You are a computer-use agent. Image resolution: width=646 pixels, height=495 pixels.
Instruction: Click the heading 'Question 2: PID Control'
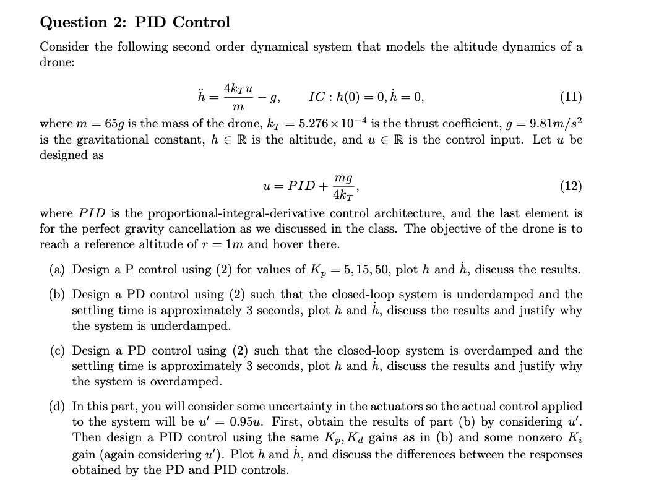click(x=135, y=22)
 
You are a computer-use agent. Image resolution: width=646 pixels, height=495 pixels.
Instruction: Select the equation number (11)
click(x=570, y=97)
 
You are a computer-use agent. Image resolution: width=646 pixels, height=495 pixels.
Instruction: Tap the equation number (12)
click(x=570, y=185)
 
